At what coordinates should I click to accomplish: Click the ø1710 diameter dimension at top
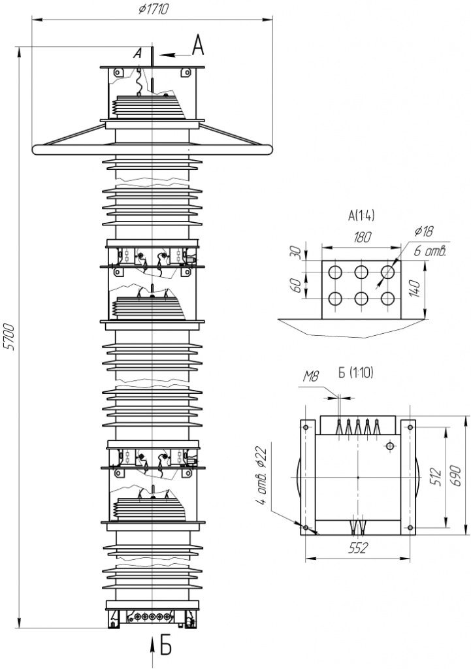[154, 9]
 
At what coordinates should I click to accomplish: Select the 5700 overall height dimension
[10, 338]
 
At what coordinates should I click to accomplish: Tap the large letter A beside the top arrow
[198, 45]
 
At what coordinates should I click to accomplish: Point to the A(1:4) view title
[361, 216]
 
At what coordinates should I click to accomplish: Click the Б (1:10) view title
[355, 373]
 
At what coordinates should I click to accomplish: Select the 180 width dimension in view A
[362, 237]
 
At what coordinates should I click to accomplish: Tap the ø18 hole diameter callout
[423, 231]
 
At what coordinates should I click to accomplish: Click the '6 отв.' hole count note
[430, 252]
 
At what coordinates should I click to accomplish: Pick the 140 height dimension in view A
[417, 289]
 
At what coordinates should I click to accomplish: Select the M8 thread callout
[310, 376]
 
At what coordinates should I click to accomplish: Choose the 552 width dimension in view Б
[357, 548]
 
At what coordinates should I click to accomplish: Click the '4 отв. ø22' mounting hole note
[261, 476]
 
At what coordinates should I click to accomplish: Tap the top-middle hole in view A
[361, 272]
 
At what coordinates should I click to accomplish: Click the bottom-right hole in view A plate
[387, 298]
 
